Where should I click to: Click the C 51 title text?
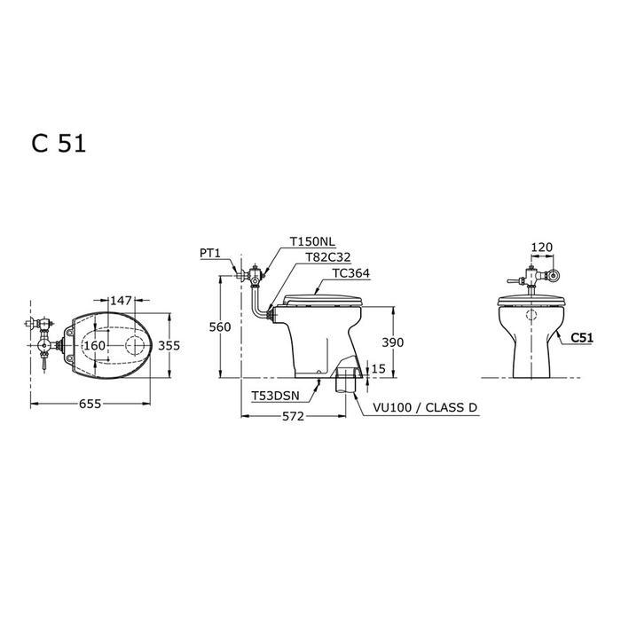[x=59, y=145]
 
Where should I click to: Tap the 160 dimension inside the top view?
[x=95, y=345]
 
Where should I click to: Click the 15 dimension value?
[x=379, y=369]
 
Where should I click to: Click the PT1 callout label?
[x=210, y=253]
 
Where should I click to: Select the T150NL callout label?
[x=311, y=240]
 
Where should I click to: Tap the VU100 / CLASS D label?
[x=427, y=408]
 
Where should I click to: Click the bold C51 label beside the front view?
[x=581, y=337]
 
